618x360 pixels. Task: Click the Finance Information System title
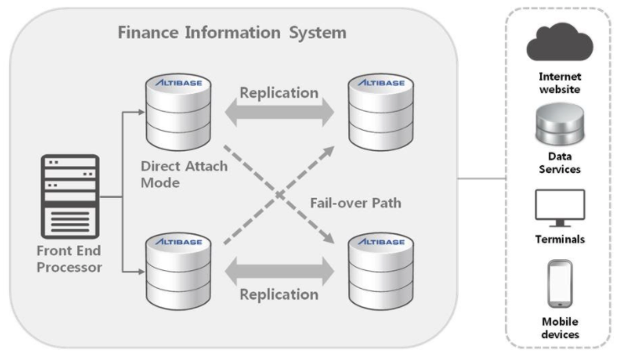tap(232, 33)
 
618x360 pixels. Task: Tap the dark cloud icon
tap(559, 42)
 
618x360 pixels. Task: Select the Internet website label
tap(559, 83)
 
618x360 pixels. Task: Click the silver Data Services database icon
tap(559, 125)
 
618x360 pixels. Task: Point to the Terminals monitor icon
tap(559, 208)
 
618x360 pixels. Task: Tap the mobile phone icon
tap(559, 284)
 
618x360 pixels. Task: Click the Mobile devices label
tap(559, 328)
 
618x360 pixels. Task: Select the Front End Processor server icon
tap(70, 196)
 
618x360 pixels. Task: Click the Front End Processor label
tap(70, 259)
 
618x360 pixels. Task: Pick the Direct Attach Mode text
tap(184, 175)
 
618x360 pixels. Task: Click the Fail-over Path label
tap(356, 203)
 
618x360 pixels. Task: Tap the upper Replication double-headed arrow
tap(279, 112)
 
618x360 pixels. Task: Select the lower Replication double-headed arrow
tap(279, 271)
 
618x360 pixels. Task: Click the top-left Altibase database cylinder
tap(178, 112)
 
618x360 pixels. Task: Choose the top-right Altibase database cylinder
tap(381, 112)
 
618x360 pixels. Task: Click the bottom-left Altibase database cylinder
tap(178, 271)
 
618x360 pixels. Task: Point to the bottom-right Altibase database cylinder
tap(381, 271)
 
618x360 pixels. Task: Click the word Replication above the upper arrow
tap(279, 93)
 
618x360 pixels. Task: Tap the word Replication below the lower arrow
tap(279, 295)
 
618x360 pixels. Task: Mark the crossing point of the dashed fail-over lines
tap(279, 195)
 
